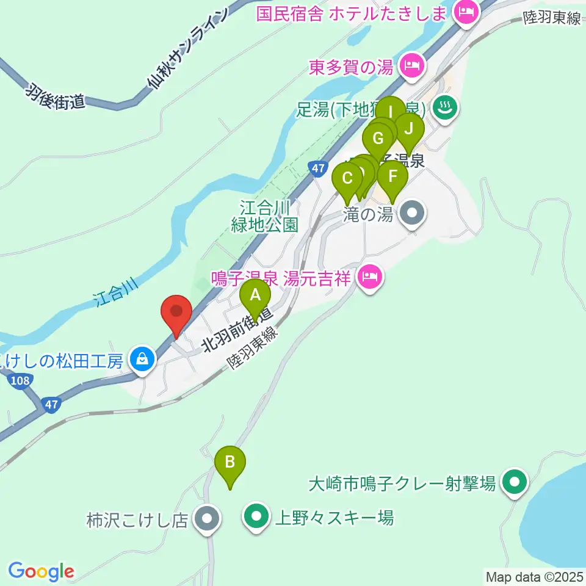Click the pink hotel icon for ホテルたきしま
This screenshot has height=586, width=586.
[x=468, y=13]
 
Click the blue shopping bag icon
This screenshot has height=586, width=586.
[x=142, y=360]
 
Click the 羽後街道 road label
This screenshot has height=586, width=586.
[x=55, y=98]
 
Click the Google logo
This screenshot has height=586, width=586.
[x=41, y=571]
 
